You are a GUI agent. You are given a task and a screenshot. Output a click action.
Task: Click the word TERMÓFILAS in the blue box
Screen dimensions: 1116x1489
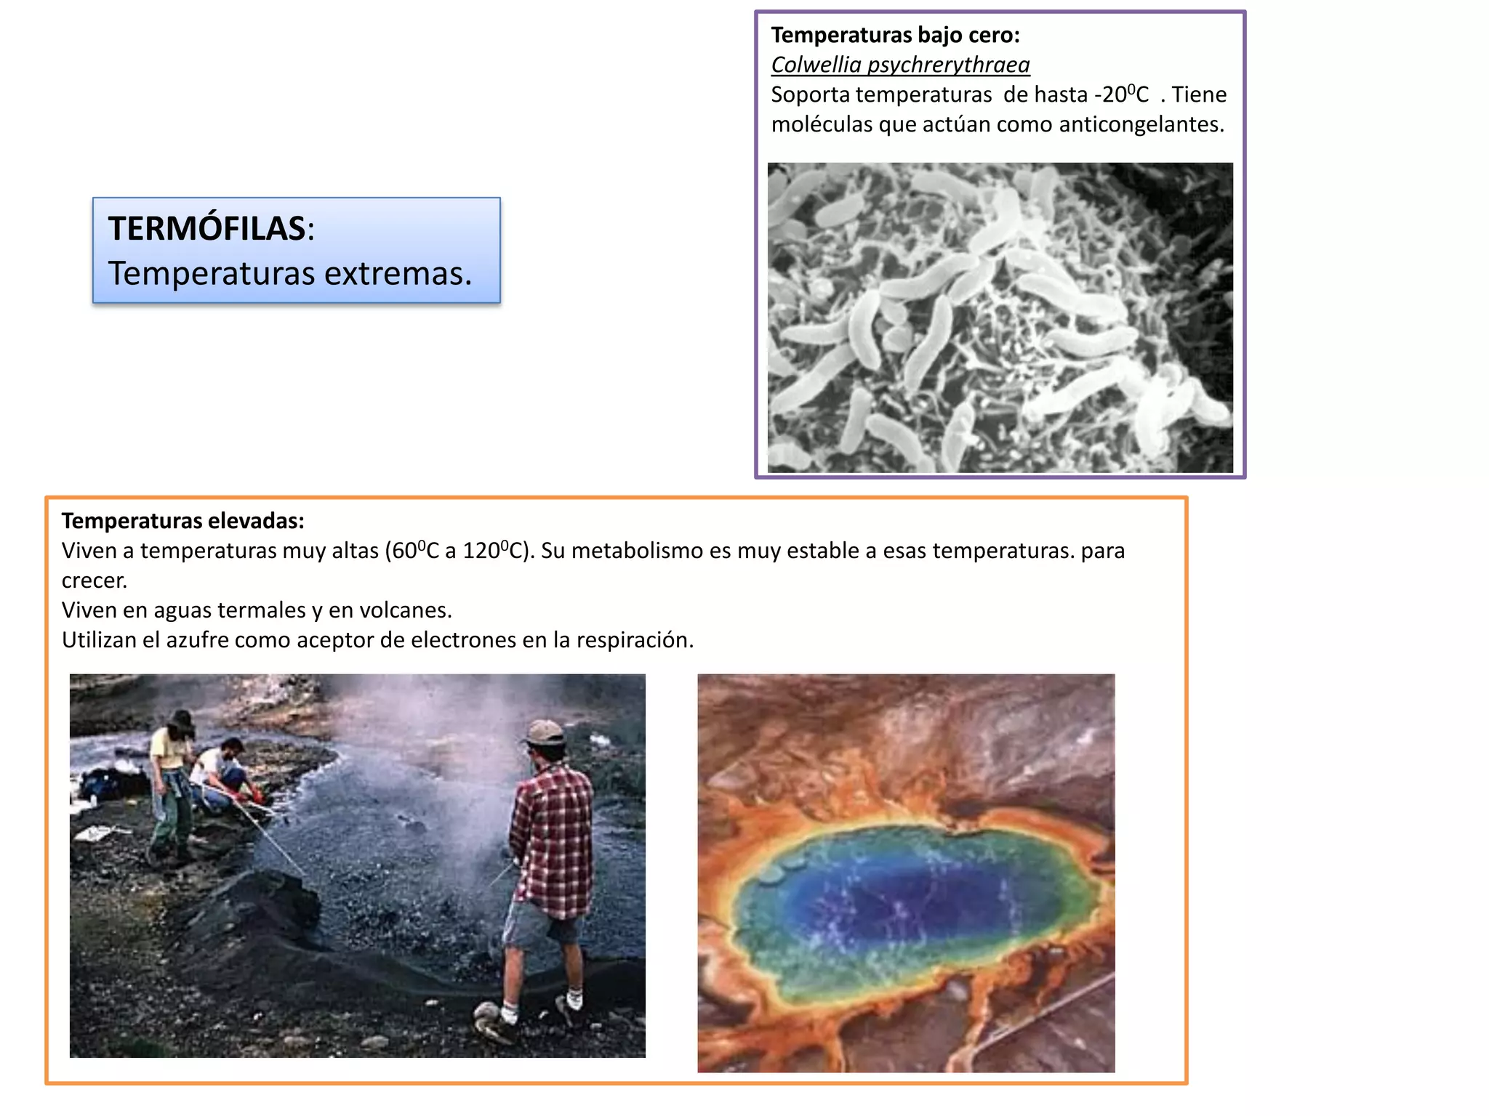[206, 229]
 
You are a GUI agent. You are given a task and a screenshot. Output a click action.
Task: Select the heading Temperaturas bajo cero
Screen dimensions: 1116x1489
[895, 35]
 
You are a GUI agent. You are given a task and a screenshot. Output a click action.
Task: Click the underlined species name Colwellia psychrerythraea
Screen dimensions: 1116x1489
[900, 65]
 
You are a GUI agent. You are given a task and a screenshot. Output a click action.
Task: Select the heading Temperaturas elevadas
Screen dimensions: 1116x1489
[182, 521]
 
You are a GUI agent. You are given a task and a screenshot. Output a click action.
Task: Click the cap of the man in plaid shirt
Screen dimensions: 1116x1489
[545, 732]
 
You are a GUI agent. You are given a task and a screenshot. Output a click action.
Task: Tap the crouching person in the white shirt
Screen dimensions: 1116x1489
[222, 774]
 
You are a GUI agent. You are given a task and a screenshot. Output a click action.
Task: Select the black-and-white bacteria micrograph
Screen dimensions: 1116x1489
[1000, 318]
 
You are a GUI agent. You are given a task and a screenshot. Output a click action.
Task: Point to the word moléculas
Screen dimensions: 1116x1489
[822, 124]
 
